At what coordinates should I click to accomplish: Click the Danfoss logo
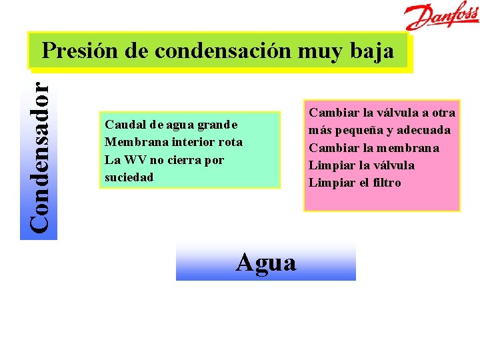pos(443,16)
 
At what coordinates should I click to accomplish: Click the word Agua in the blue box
pos(266,263)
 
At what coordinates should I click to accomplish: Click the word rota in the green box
pos(231,142)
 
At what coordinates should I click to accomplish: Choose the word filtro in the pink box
pos(386,183)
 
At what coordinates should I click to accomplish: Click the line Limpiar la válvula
pos(361,165)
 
